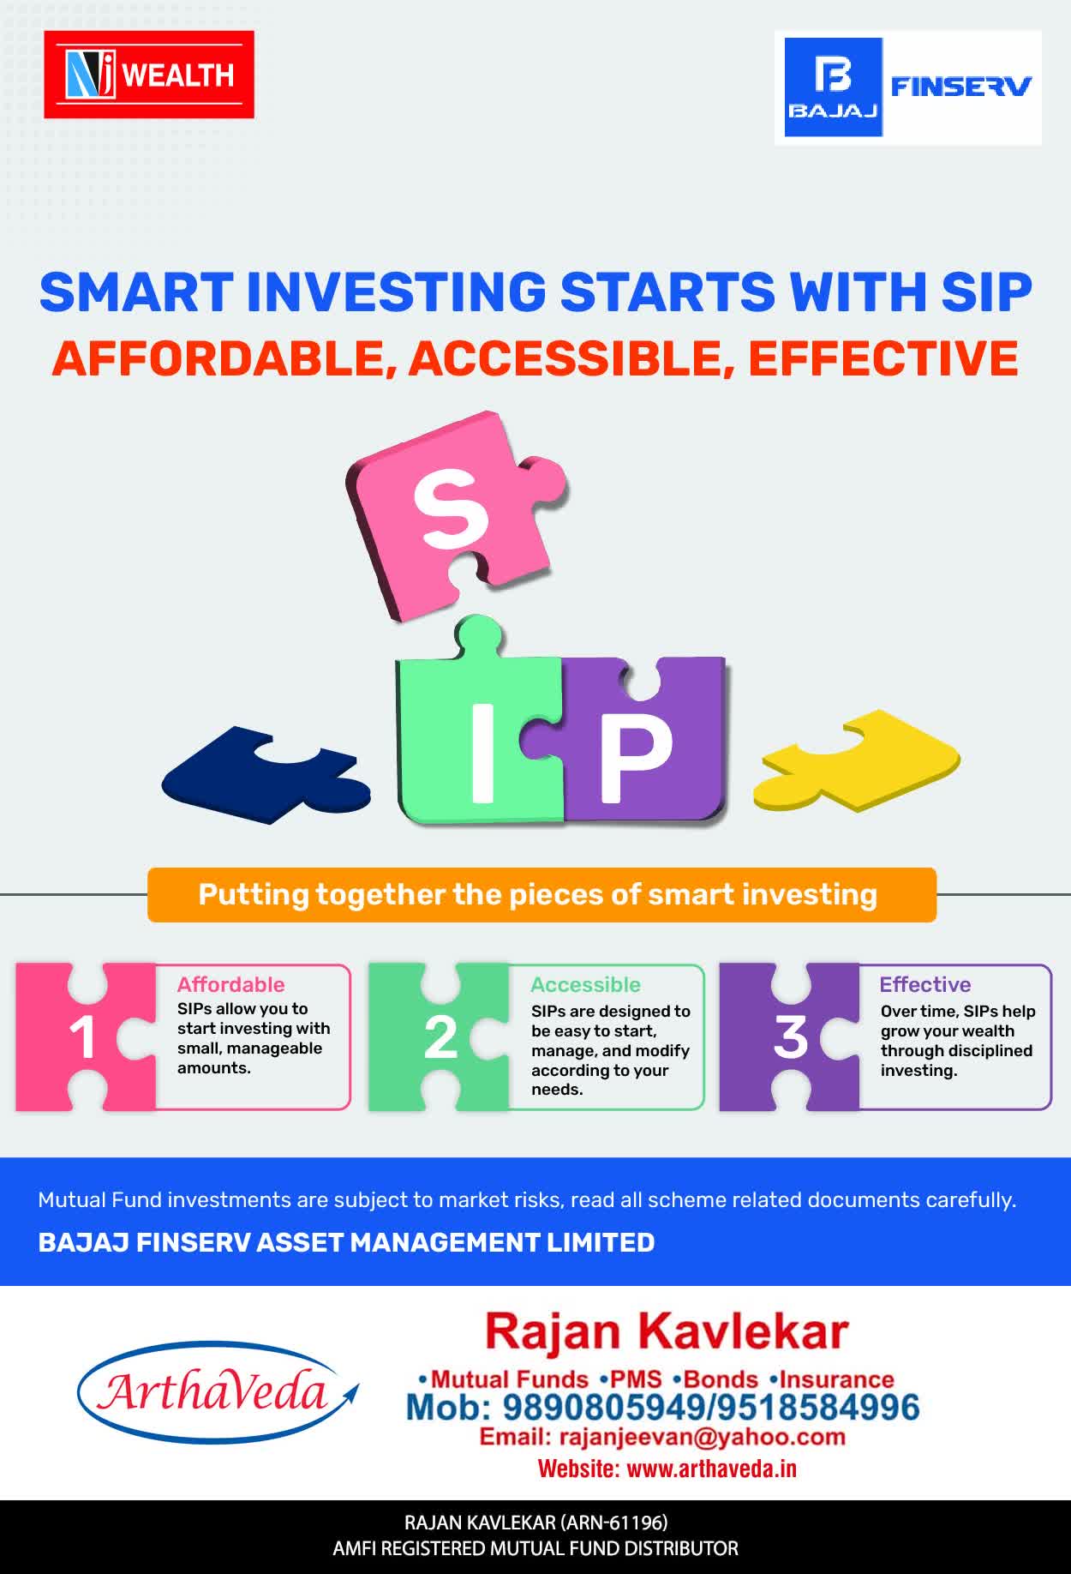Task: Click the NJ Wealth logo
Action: click(x=149, y=75)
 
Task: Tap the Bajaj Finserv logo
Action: click(x=908, y=87)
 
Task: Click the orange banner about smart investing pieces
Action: click(x=541, y=895)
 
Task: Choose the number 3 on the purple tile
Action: click(x=790, y=1037)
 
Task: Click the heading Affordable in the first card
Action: click(x=230, y=984)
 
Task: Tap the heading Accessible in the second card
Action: click(x=585, y=984)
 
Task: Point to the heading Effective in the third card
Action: click(x=925, y=984)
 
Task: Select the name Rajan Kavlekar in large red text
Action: click(x=667, y=1331)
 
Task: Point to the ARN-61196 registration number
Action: click(x=613, y=1523)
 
